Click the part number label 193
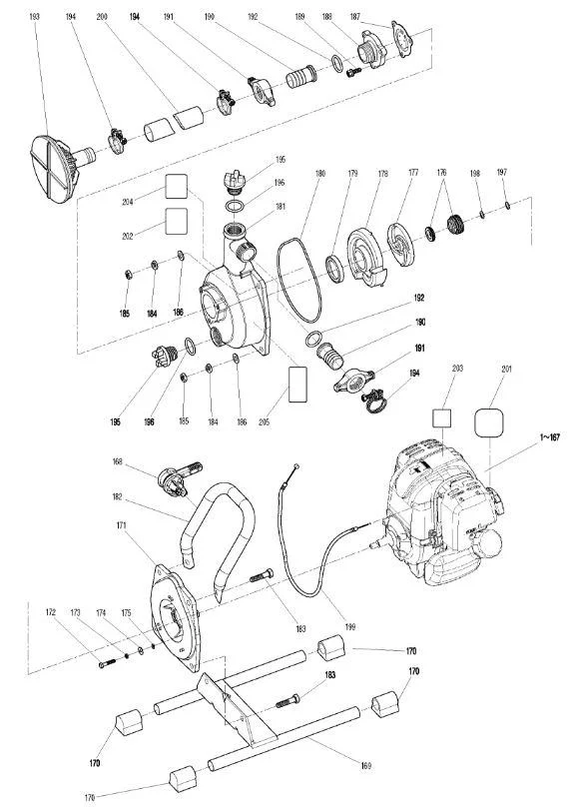35,17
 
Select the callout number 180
320,174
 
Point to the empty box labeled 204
177,187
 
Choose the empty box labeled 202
177,221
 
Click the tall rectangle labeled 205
298,384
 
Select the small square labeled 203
442,418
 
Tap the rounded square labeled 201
488,423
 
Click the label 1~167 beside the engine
549,437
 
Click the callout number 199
349,627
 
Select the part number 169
365,766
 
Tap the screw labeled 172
108,663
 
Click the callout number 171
122,525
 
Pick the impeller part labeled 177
401,244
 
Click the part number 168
118,461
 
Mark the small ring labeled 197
507,206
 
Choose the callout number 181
281,207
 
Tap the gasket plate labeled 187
403,39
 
